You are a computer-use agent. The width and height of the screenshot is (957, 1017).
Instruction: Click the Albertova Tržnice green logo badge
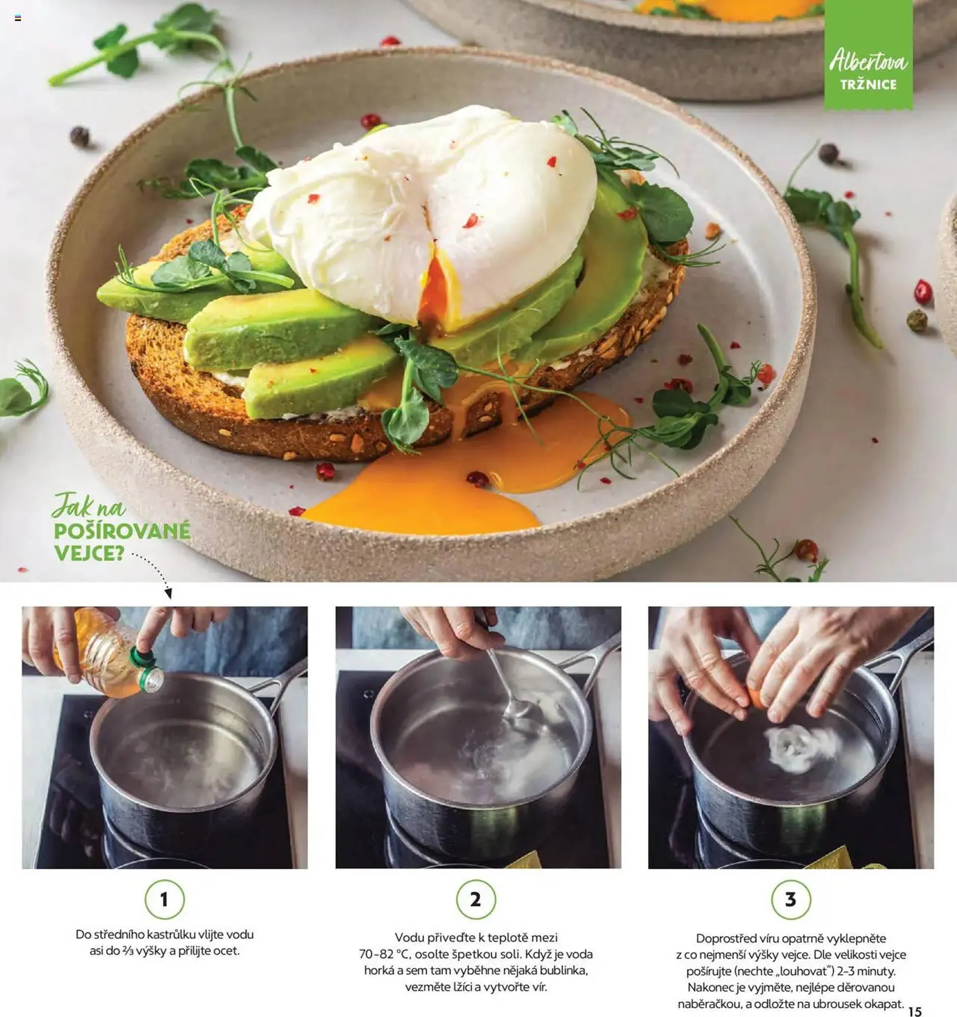869,55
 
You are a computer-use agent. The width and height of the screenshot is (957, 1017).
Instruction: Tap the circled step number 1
164,899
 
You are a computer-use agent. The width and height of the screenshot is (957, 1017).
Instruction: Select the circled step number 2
475,899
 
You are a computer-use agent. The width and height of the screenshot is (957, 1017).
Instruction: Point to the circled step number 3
791,899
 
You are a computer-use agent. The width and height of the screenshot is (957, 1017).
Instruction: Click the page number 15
915,1011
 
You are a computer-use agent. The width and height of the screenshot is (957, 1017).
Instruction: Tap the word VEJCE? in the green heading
89,553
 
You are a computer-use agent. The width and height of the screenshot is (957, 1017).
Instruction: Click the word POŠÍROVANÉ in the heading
122,530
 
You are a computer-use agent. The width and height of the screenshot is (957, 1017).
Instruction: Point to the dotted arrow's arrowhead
168,593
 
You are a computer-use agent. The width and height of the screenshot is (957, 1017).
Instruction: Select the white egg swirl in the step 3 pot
800,748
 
